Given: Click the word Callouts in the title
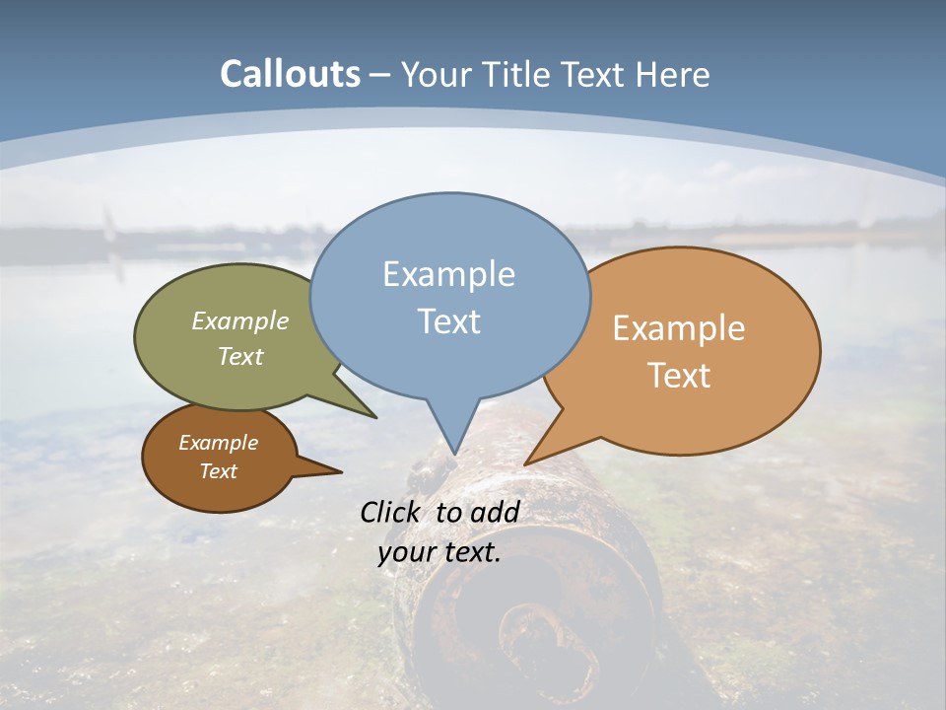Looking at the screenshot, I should (290, 74).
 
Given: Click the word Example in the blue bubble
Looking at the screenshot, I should (448, 274).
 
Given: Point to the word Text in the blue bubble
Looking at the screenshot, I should (448, 321).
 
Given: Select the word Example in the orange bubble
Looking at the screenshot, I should (679, 328).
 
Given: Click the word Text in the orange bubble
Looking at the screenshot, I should (679, 376).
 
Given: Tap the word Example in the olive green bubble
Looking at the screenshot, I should (240, 321).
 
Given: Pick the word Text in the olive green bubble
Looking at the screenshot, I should (240, 356).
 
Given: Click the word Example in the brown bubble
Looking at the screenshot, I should (218, 443).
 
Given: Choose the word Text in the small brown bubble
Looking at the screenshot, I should (218, 471).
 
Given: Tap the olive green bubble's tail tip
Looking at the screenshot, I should (374, 416).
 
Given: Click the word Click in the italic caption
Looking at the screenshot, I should (391, 512).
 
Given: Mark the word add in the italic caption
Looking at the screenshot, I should (495, 512).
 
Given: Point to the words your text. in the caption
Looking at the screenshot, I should (439, 552).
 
